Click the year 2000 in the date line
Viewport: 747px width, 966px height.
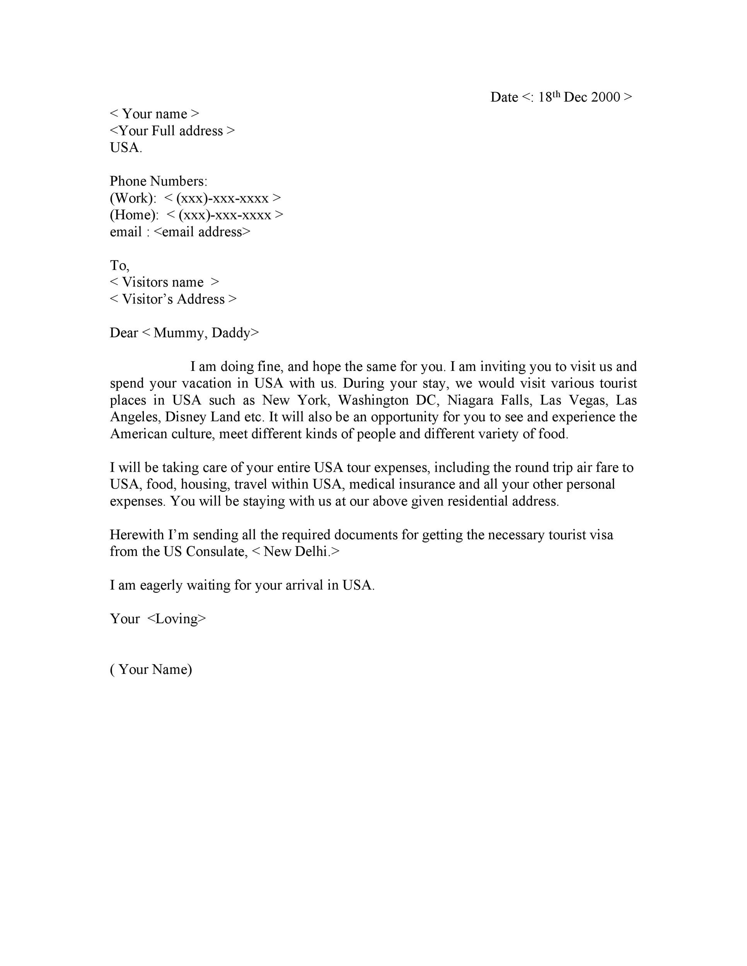click(x=605, y=97)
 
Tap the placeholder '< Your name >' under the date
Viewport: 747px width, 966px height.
click(x=154, y=114)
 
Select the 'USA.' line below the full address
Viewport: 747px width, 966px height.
click(x=126, y=148)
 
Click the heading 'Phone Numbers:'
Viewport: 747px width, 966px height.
click(x=159, y=181)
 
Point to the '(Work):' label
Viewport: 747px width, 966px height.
click(x=133, y=198)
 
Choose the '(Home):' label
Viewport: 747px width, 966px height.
click(x=134, y=215)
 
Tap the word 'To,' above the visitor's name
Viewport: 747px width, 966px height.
click(x=119, y=265)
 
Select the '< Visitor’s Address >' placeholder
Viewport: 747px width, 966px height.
click(x=173, y=299)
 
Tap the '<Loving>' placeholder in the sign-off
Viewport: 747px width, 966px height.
click(x=177, y=619)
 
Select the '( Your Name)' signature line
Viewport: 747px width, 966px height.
click(x=151, y=669)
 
